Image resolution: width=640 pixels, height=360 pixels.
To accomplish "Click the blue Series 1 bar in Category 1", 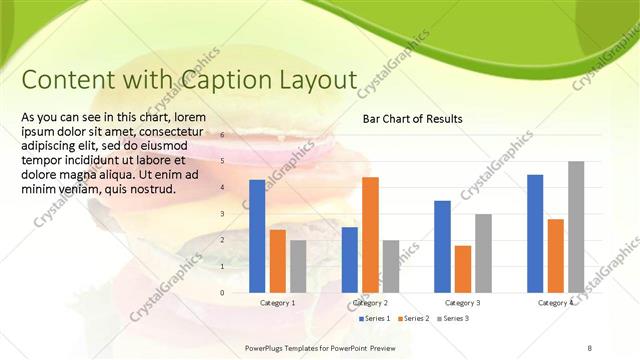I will click(257, 236).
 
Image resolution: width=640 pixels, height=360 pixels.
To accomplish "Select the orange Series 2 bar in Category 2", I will click(370, 234).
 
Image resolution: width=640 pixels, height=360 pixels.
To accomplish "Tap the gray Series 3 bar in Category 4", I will click(576, 227).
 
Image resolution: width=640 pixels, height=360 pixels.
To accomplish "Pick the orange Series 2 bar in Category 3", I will click(463, 269).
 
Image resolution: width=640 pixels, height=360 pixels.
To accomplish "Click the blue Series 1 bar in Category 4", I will click(535, 233).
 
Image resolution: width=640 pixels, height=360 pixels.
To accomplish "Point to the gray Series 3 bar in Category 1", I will click(298, 266).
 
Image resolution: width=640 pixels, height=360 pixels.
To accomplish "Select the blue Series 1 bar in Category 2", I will click(349, 260).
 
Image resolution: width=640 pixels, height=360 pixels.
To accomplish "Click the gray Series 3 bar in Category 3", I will click(483, 253).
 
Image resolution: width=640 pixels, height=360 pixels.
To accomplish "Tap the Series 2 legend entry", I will click(413, 318).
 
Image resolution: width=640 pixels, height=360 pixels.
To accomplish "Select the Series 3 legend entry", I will click(451, 318).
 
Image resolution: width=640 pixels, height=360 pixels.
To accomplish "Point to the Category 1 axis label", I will click(277, 302).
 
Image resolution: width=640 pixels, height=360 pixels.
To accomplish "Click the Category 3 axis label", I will click(463, 302).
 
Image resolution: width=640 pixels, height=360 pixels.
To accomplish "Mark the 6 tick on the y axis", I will click(223, 134).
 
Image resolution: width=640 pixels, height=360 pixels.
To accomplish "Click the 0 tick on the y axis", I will click(223, 293).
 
